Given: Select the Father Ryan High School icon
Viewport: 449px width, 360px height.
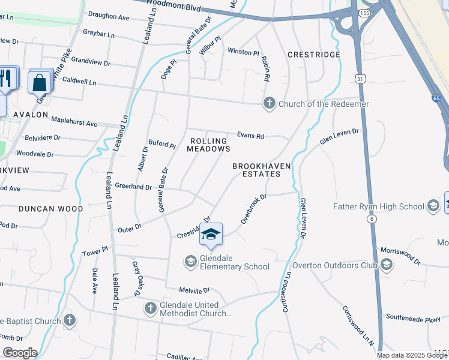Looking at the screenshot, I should point(432,207).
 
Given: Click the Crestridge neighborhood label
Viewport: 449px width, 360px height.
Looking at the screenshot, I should point(313,55).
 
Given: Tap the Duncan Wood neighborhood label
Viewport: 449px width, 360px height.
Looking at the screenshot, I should point(50,209).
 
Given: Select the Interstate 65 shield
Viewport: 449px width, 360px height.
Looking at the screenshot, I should point(436,97).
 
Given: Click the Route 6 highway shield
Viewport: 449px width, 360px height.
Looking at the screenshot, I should point(372,220).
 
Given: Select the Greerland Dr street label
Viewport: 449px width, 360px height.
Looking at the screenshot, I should point(133,187).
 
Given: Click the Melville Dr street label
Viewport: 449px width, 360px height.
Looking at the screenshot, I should point(193,290).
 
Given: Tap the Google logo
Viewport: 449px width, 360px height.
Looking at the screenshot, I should point(19,353).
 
